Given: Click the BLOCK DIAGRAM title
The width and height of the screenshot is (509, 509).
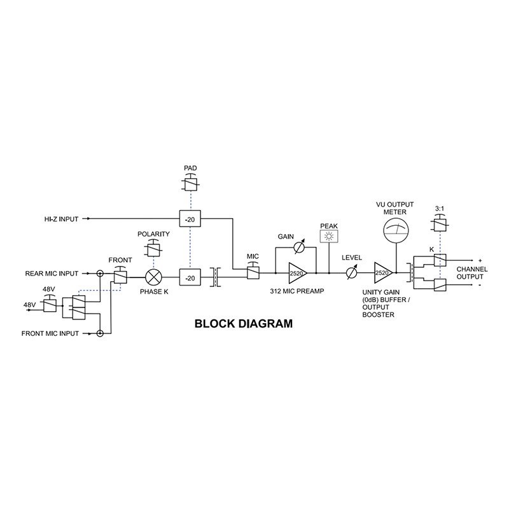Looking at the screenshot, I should [243, 323].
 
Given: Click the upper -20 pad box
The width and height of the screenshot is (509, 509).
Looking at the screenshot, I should [190, 220].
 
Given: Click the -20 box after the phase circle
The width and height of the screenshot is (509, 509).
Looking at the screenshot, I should [190, 278].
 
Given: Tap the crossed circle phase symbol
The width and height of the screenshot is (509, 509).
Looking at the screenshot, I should [155, 278].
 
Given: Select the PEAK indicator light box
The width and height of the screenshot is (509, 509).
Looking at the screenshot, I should [329, 237].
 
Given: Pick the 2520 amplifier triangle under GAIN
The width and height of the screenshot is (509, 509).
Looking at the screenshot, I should [296, 273].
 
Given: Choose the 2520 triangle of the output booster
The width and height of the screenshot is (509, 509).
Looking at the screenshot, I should [382, 273].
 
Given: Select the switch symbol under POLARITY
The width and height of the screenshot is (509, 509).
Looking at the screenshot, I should [153, 249].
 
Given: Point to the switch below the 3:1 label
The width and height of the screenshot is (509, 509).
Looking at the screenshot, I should [439, 222].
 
